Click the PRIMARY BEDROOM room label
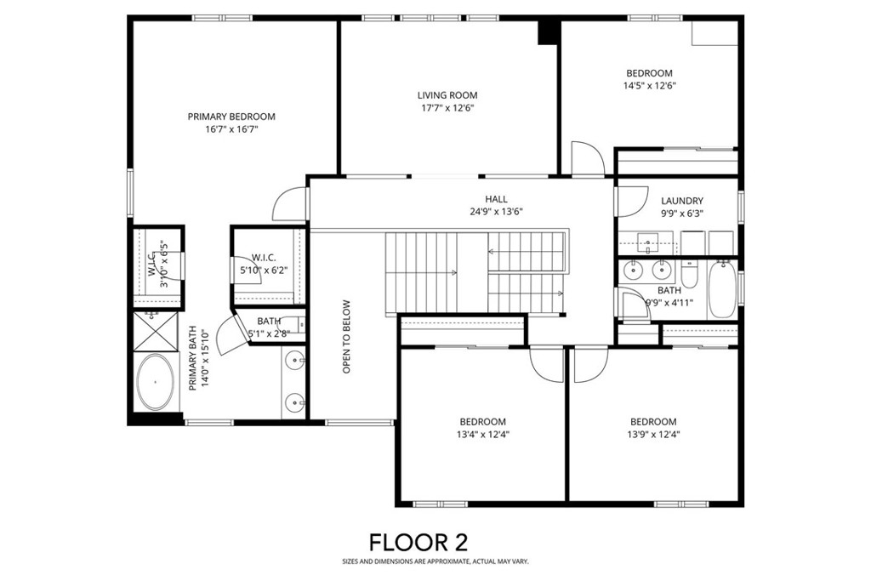point(231,117)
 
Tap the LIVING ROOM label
point(447,95)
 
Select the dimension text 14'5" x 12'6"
point(649,86)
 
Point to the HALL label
point(496,199)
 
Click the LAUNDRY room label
point(682,201)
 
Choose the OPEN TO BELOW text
point(347,337)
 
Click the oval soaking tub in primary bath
point(156,382)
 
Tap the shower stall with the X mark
point(156,332)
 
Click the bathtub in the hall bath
point(722,289)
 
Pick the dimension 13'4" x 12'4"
point(483,435)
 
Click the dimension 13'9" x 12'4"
point(653,435)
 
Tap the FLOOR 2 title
point(418,542)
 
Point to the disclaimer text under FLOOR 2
point(435,562)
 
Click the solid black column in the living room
point(548,32)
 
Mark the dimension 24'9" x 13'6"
point(496,212)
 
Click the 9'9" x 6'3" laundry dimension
point(682,214)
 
